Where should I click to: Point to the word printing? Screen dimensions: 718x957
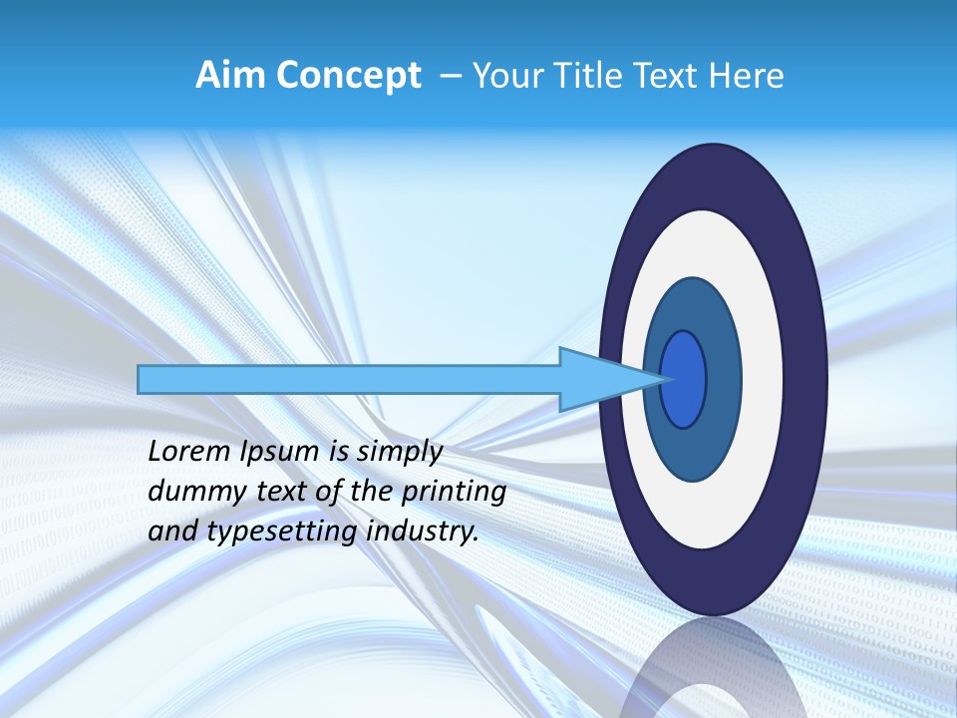pyautogui.click(x=454, y=493)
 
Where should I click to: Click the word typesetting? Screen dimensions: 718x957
pyautogui.click(x=282, y=533)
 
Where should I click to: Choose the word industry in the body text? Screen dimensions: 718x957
pyautogui.click(x=423, y=532)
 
